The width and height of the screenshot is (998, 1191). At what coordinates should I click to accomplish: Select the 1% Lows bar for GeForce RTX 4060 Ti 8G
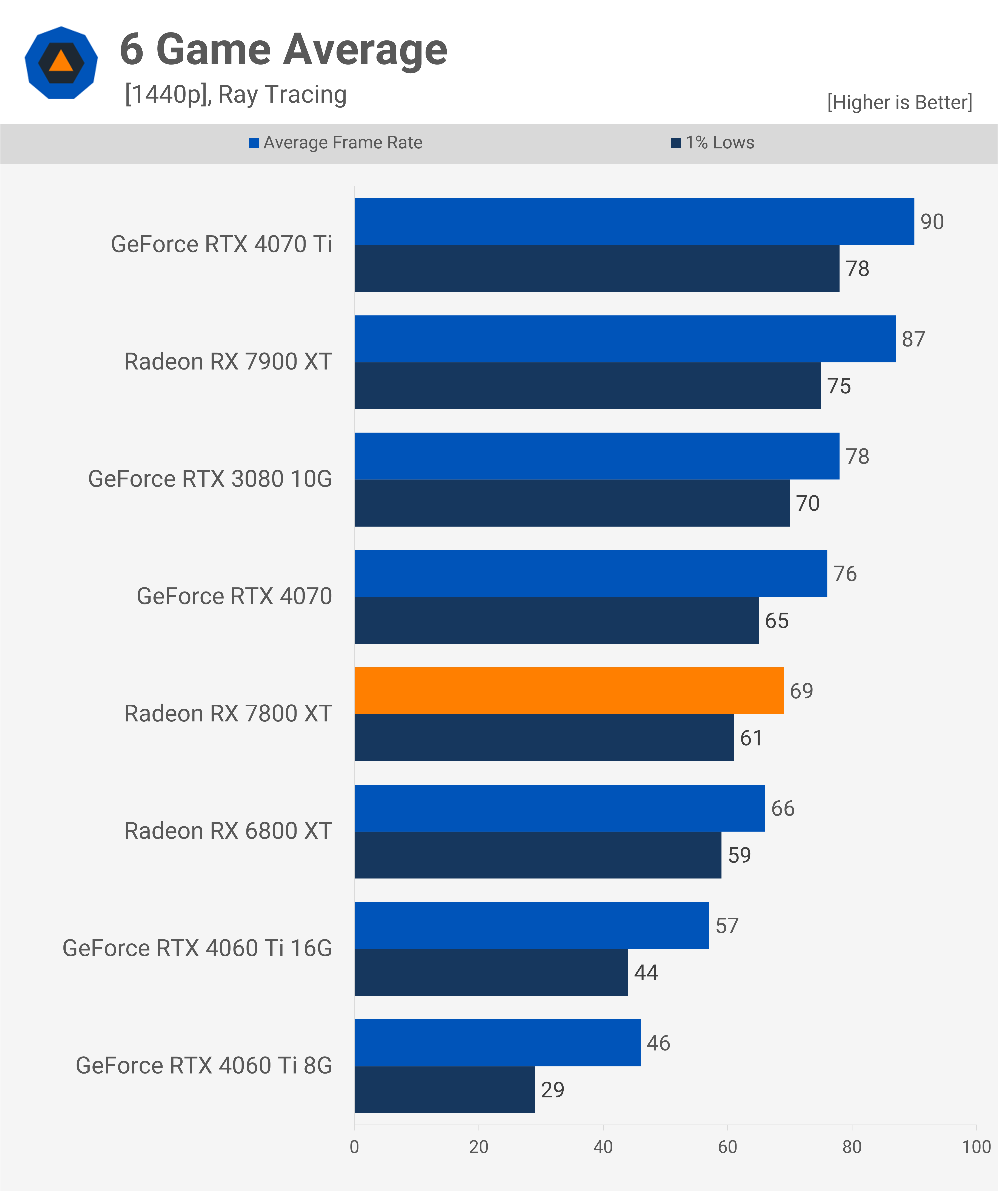coord(444,1089)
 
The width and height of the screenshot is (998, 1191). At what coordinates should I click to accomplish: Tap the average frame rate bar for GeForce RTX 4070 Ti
coord(634,221)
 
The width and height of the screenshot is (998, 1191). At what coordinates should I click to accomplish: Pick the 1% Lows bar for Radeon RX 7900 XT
coord(587,386)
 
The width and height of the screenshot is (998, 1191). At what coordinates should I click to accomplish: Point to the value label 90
coord(932,222)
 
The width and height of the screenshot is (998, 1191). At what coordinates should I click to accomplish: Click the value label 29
coord(552,1089)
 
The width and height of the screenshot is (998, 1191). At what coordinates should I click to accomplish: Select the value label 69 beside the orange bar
coord(801,691)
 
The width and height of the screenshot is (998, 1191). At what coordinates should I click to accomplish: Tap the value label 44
coord(646,973)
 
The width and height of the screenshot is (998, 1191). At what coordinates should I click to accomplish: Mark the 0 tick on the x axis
coord(354,1147)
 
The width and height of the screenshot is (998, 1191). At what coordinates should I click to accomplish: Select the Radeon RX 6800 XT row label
coord(228,831)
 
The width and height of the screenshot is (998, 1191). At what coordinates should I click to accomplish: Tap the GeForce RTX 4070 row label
coord(234,596)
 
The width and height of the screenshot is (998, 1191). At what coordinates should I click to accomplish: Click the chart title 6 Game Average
coord(283,50)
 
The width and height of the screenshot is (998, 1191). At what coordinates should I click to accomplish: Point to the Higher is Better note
coord(899,102)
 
